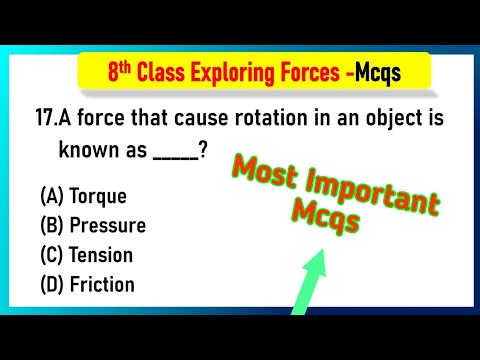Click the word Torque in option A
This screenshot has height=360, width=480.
pos(98,196)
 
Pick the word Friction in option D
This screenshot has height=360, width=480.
pos(103,285)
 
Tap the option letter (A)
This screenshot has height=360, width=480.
pos(51,196)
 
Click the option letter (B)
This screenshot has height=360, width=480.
pos(51,225)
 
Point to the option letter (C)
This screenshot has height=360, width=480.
pos(51,255)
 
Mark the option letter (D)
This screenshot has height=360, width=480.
pos(51,285)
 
